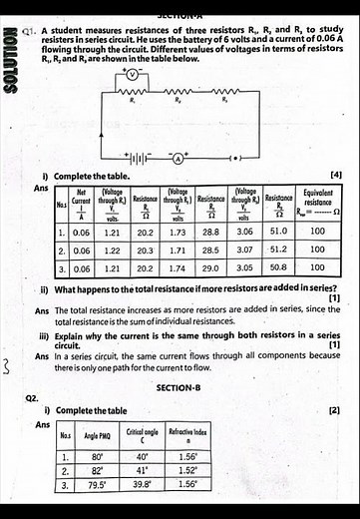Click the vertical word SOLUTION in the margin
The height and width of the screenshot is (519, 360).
coord(11,66)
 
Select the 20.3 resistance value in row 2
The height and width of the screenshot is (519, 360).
coord(145,250)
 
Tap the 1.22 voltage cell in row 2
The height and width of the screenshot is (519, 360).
coord(112,250)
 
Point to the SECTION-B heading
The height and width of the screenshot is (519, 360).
coord(179,387)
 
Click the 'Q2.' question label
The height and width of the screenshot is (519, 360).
coord(32,397)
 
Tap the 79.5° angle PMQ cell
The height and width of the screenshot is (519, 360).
coord(97,483)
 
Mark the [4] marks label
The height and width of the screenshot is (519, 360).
coord(335,175)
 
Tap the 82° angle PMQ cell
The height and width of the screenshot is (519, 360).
coord(97,470)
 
